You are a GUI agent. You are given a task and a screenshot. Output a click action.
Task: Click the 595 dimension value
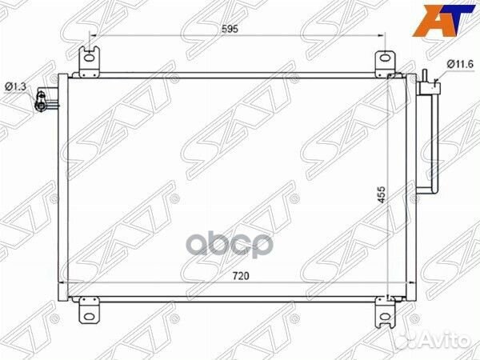click(x=230, y=29)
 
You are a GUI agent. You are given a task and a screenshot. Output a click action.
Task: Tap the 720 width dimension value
click(x=241, y=276)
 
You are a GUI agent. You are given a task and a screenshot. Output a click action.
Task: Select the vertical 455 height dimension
click(x=381, y=194)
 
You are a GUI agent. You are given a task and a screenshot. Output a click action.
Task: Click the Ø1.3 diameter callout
click(x=16, y=87)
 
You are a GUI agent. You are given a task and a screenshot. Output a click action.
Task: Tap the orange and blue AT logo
click(x=443, y=21)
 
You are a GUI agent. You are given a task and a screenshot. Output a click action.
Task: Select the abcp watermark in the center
click(x=230, y=245)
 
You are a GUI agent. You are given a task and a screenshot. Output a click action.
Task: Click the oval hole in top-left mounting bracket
click(x=89, y=58)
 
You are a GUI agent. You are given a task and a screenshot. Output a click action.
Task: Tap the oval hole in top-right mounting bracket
click(x=385, y=58)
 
